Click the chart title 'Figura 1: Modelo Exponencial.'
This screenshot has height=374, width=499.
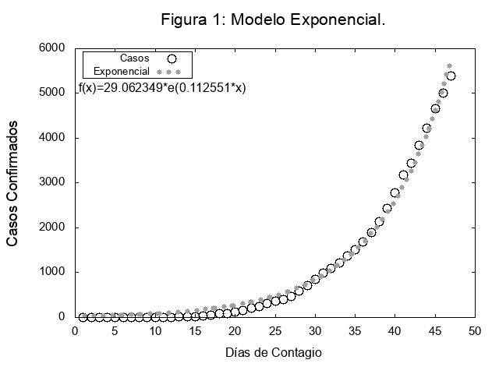[x=273, y=19]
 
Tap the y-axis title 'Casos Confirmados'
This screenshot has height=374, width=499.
[x=12, y=183]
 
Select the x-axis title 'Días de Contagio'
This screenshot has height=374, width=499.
[x=273, y=352]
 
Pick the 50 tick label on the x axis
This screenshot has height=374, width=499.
[x=474, y=331]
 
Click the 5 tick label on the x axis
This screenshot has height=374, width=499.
[x=115, y=331]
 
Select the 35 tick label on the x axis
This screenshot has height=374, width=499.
[x=354, y=331]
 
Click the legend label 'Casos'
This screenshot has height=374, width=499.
[x=135, y=58]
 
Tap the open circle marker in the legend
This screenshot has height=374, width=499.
[x=172, y=58]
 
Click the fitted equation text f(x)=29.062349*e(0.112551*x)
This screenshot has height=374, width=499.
[x=162, y=88]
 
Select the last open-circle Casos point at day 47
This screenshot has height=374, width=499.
[x=451, y=76]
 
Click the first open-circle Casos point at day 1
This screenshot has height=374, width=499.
[x=83, y=317]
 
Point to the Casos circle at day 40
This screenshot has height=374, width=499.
[x=395, y=193]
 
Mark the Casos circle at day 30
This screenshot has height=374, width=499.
[x=315, y=279]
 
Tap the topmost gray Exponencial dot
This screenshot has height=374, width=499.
[x=449, y=66]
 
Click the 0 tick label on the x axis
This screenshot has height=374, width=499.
[x=75, y=331]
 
